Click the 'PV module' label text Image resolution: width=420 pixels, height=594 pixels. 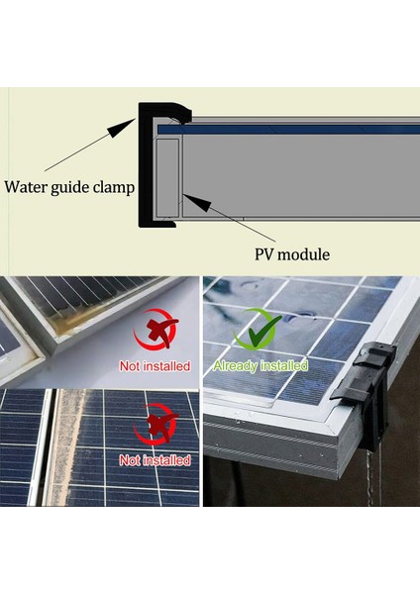click(289, 254)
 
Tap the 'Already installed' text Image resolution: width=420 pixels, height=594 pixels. click(262, 365)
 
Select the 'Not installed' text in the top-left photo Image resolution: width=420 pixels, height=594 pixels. click(155, 365)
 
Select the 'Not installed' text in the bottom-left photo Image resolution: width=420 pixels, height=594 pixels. click(155, 460)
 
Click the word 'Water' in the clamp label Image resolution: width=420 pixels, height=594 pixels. click(27, 185)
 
